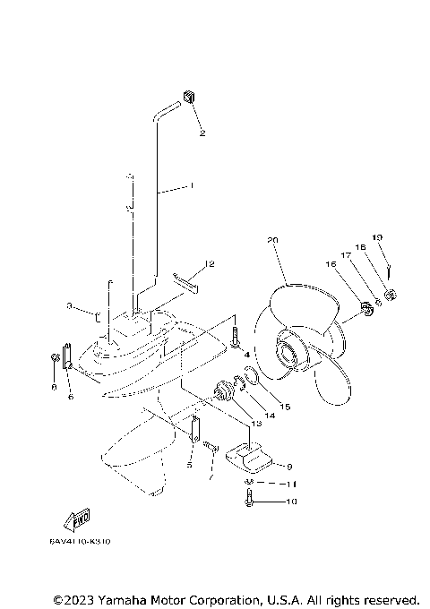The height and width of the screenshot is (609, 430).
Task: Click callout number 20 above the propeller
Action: click(x=273, y=241)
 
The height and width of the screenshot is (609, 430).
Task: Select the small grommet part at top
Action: click(x=189, y=96)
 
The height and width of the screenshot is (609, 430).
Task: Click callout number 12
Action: click(x=210, y=264)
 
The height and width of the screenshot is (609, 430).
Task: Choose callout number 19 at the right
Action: click(x=377, y=237)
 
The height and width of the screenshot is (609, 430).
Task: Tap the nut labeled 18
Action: click(x=391, y=295)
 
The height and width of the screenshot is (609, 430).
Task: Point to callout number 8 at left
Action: click(x=53, y=387)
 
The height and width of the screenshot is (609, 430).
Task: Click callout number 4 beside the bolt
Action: click(x=246, y=355)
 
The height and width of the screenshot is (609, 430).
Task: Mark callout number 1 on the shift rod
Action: click(x=190, y=186)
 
